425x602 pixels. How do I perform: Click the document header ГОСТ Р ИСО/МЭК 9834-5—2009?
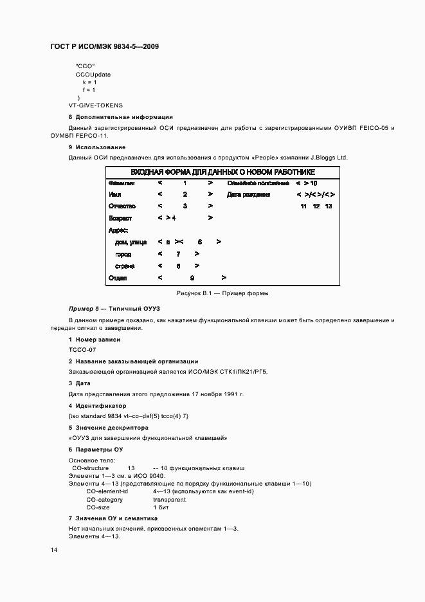105,47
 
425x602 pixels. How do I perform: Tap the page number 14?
53,550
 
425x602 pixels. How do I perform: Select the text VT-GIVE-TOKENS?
96,105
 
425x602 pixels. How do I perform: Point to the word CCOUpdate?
93,75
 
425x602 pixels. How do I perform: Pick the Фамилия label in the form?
122,183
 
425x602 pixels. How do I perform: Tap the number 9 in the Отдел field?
192,278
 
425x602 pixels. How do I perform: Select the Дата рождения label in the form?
249,194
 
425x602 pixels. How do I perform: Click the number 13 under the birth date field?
329,206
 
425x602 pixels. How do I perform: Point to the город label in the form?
123,254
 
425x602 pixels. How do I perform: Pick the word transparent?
170,499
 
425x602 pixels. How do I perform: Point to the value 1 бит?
161,507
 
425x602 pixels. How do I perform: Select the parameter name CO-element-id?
107,491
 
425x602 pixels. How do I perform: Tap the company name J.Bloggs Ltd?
329,158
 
